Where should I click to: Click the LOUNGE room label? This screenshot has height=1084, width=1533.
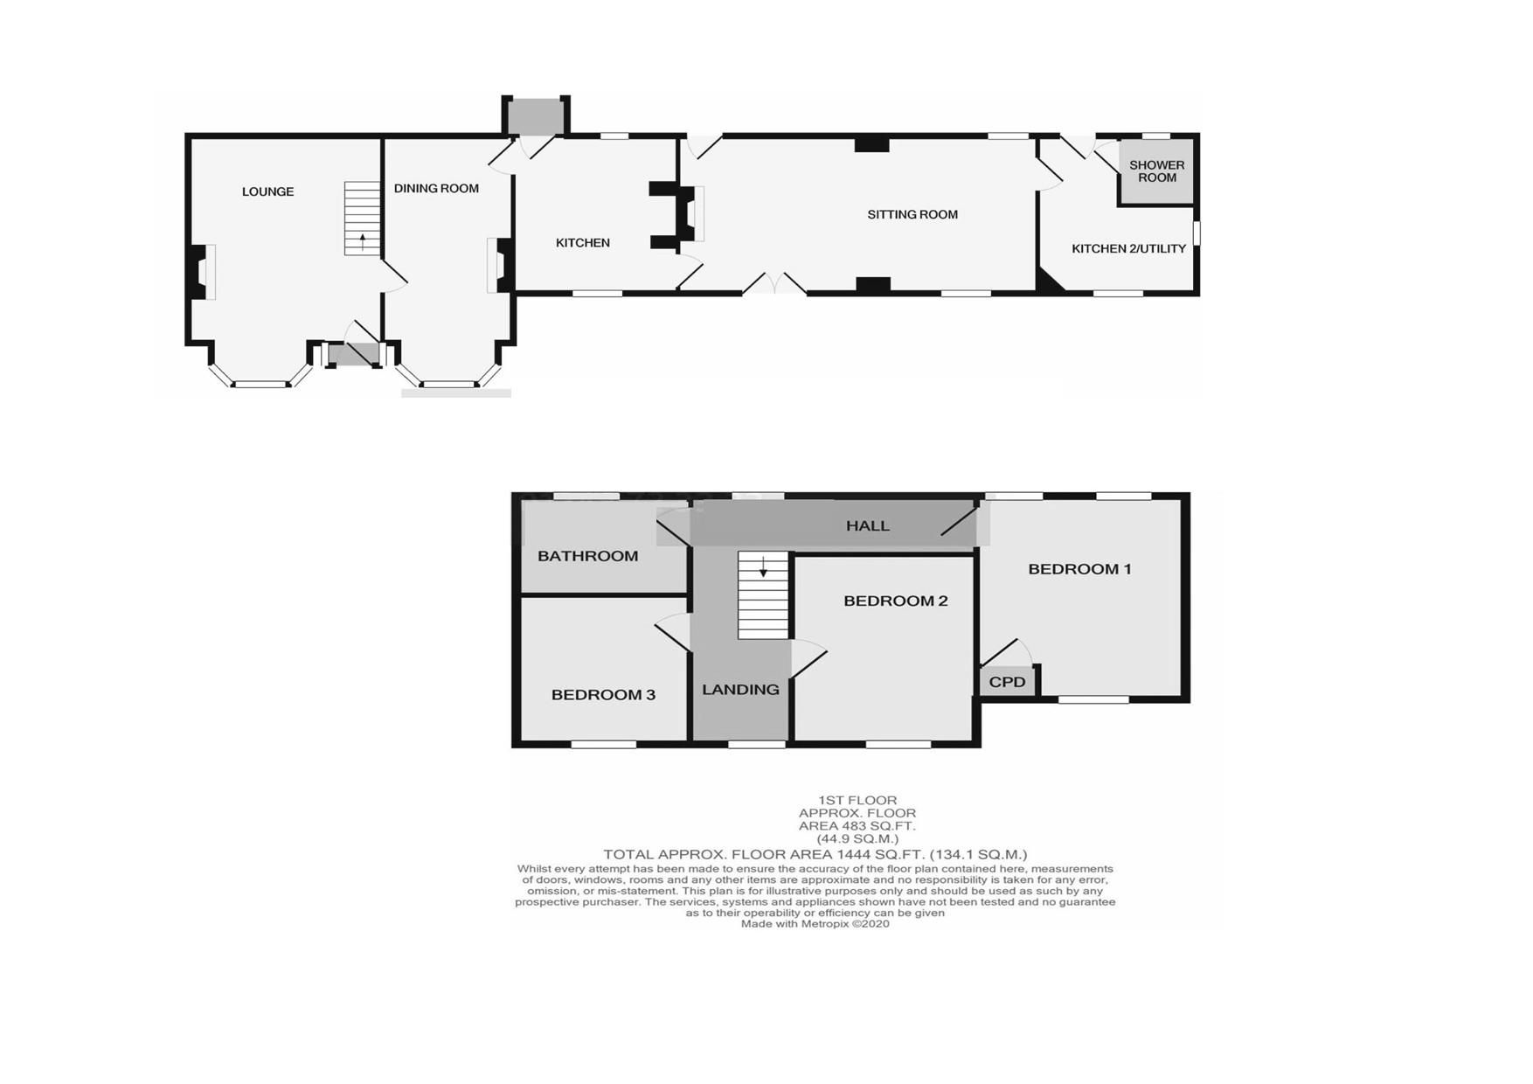click(x=267, y=191)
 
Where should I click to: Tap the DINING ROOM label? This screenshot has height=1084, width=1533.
click(x=436, y=188)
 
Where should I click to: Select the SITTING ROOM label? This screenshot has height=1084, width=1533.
click(x=912, y=214)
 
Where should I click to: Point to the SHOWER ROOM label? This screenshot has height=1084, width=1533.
click(x=1157, y=171)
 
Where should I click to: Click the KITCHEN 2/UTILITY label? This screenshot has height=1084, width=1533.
click(x=1129, y=248)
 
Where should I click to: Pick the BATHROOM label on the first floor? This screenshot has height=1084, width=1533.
click(x=587, y=556)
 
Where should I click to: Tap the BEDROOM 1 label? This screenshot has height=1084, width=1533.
click(x=1079, y=569)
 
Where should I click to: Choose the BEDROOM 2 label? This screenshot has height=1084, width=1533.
click(x=896, y=601)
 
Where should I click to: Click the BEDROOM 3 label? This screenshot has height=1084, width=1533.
click(x=603, y=695)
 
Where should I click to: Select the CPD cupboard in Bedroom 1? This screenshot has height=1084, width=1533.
click(x=1007, y=681)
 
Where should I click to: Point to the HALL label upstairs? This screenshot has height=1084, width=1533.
click(x=868, y=525)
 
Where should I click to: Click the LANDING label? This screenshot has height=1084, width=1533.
click(x=740, y=690)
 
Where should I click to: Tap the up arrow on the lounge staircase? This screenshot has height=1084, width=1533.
click(x=363, y=241)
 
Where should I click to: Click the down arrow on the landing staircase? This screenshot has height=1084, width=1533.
click(x=763, y=567)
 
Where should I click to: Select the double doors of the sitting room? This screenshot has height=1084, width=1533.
click(x=774, y=283)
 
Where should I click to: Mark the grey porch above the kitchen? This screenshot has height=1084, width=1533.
click(x=536, y=115)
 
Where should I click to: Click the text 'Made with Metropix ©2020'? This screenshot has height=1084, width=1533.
click(x=815, y=924)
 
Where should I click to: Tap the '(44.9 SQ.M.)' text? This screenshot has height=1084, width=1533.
click(x=857, y=839)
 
